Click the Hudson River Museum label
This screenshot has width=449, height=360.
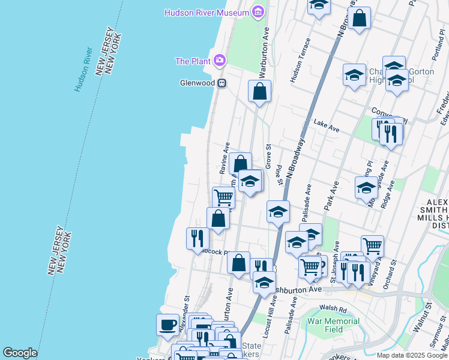(207, 13)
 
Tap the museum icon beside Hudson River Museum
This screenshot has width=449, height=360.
(258, 12)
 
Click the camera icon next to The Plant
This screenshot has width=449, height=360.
(220, 61)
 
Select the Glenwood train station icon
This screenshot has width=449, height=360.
(221, 83)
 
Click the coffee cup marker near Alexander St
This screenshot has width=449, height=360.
(168, 325)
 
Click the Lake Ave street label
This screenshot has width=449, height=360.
(327, 126)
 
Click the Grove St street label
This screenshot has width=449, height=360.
(268, 156)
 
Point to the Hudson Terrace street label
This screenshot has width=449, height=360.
(300, 61)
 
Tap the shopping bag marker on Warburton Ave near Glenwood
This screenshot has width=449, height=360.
(260, 92)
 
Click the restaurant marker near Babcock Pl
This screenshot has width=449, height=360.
(197, 239)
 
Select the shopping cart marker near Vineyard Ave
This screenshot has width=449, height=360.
(372, 245)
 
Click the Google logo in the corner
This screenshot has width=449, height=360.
(20, 353)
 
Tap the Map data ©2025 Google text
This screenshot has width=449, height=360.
(412, 355)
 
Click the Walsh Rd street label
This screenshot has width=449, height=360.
(333, 309)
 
